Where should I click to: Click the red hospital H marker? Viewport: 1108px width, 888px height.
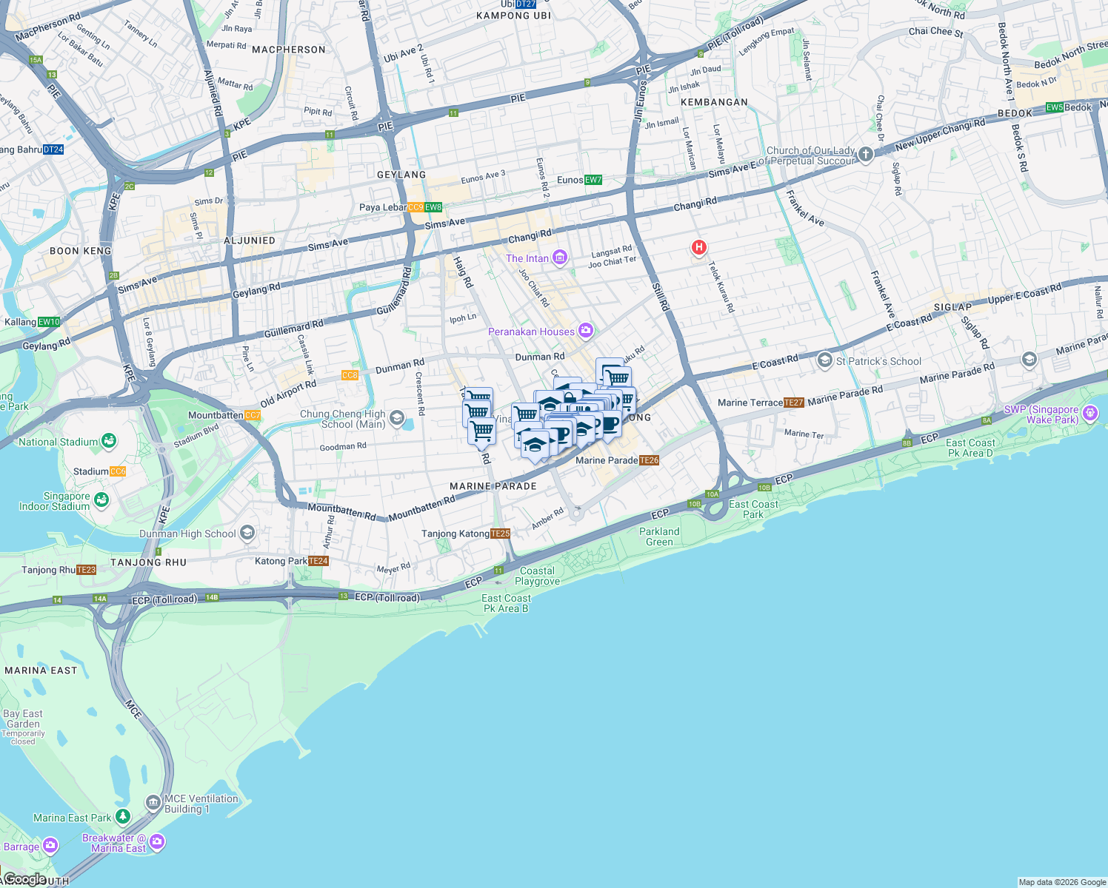pos(698,247)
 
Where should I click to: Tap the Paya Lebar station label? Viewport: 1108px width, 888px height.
pos(383,207)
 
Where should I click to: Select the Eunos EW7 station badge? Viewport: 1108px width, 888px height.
pos(593,180)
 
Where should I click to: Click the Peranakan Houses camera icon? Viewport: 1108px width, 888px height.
pos(586,331)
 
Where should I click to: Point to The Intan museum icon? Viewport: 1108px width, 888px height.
pos(560,258)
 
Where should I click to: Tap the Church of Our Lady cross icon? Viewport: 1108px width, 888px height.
pos(866,155)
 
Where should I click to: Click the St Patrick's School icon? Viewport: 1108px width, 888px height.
pos(824,360)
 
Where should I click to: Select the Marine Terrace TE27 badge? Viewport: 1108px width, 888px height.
pos(794,403)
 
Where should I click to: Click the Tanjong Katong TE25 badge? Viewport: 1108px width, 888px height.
pos(501,534)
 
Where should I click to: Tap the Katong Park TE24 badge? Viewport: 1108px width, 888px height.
pos(318,561)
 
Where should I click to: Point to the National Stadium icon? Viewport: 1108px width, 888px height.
pos(110,441)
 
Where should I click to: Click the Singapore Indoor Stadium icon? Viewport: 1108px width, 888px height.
pos(101,500)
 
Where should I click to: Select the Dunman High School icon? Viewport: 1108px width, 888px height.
pos(247,533)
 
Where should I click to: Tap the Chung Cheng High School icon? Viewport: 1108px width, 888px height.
pos(396,419)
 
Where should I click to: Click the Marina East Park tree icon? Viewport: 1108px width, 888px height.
pos(123,817)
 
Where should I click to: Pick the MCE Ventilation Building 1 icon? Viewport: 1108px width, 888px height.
pos(153,803)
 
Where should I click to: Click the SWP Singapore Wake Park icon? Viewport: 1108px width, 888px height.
pos(1089,413)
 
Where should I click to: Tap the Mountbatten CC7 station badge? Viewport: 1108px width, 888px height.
pos(253,415)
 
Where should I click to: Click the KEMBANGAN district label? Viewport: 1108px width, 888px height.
pos(714,102)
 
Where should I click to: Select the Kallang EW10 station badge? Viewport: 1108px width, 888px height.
pos(50,322)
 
